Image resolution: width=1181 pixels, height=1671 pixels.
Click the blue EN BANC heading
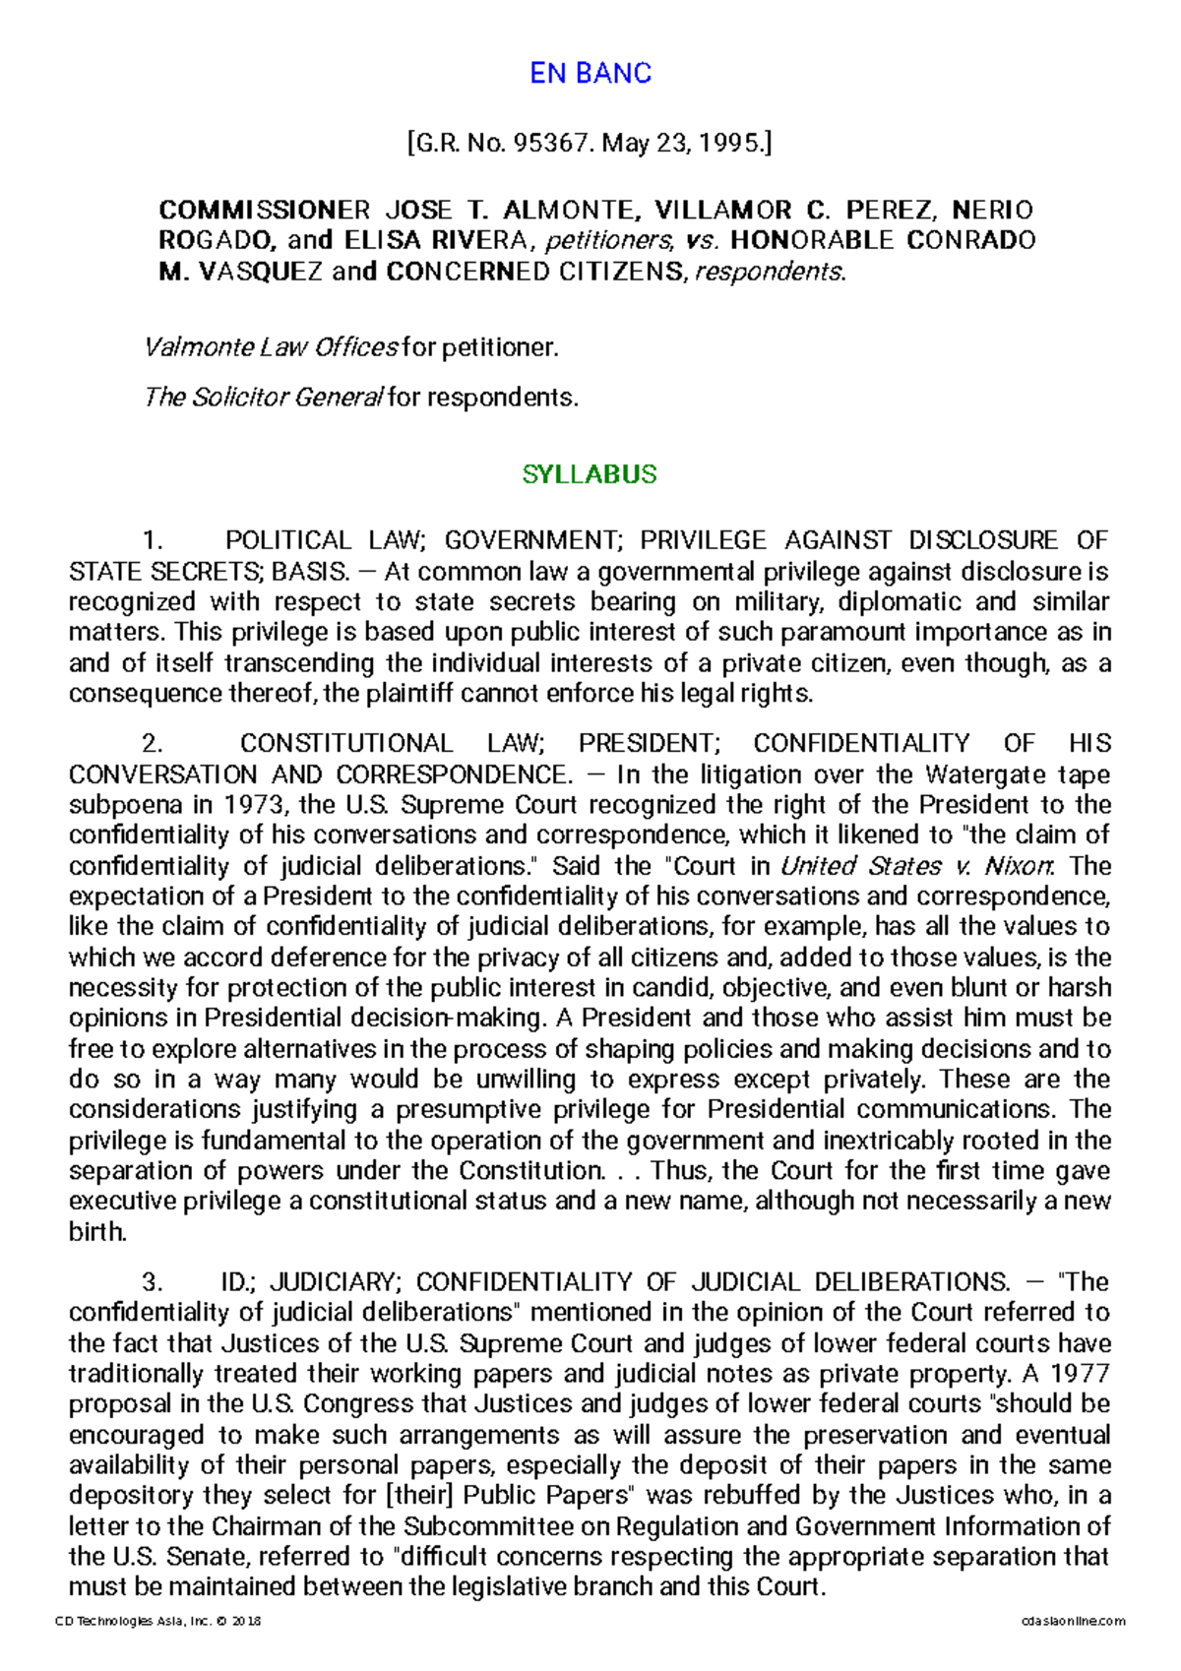pyautogui.click(x=590, y=74)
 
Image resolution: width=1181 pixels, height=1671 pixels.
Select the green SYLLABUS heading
pyautogui.click(x=589, y=474)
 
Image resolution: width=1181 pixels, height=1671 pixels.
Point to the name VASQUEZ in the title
pyautogui.click(x=261, y=272)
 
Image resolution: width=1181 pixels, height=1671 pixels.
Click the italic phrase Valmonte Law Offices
pyautogui.click(x=271, y=347)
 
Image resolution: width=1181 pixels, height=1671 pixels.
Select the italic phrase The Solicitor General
pyautogui.click(x=263, y=398)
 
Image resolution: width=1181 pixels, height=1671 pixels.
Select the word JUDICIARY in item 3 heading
pyautogui.click(x=334, y=1282)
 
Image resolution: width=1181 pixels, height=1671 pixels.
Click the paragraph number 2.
pyautogui.click(x=152, y=744)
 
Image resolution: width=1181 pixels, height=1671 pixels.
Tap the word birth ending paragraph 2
pyautogui.click(x=97, y=1232)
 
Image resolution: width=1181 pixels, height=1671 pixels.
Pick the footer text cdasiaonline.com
pyautogui.click(x=1073, y=1621)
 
